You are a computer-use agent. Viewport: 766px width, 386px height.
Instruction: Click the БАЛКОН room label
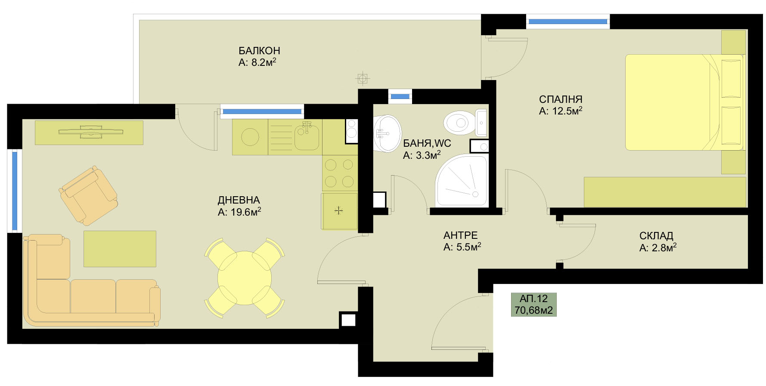coord(259,51)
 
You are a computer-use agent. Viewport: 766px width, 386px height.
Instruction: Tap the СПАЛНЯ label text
coord(561,99)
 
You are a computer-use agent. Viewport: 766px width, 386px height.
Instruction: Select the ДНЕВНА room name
coord(239,200)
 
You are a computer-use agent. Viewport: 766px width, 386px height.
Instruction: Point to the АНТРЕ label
coord(461,235)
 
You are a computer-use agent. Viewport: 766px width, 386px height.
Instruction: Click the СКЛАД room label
coord(656,236)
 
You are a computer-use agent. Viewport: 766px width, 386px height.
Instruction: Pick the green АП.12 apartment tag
coord(533,304)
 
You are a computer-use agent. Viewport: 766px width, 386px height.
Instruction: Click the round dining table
coord(245,278)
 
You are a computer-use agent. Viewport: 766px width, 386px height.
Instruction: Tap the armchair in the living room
coord(88,196)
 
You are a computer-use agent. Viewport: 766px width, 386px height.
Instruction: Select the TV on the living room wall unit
coord(90,131)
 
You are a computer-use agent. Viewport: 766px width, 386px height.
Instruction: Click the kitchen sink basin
coord(306,137)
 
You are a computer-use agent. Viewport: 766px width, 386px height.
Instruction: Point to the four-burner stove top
coord(340,173)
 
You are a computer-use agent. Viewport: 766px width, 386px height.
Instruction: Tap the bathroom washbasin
coord(387,133)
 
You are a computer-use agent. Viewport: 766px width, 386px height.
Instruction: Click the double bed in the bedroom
coord(684,102)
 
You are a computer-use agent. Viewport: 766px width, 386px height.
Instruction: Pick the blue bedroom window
coord(568,21)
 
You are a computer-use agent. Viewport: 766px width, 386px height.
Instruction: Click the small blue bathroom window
coord(400,96)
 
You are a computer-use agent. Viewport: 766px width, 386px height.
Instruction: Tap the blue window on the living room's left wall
coord(15,191)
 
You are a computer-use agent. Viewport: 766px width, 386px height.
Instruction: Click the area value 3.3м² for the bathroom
coord(422,155)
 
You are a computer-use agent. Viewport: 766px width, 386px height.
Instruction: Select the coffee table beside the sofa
coord(120,249)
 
